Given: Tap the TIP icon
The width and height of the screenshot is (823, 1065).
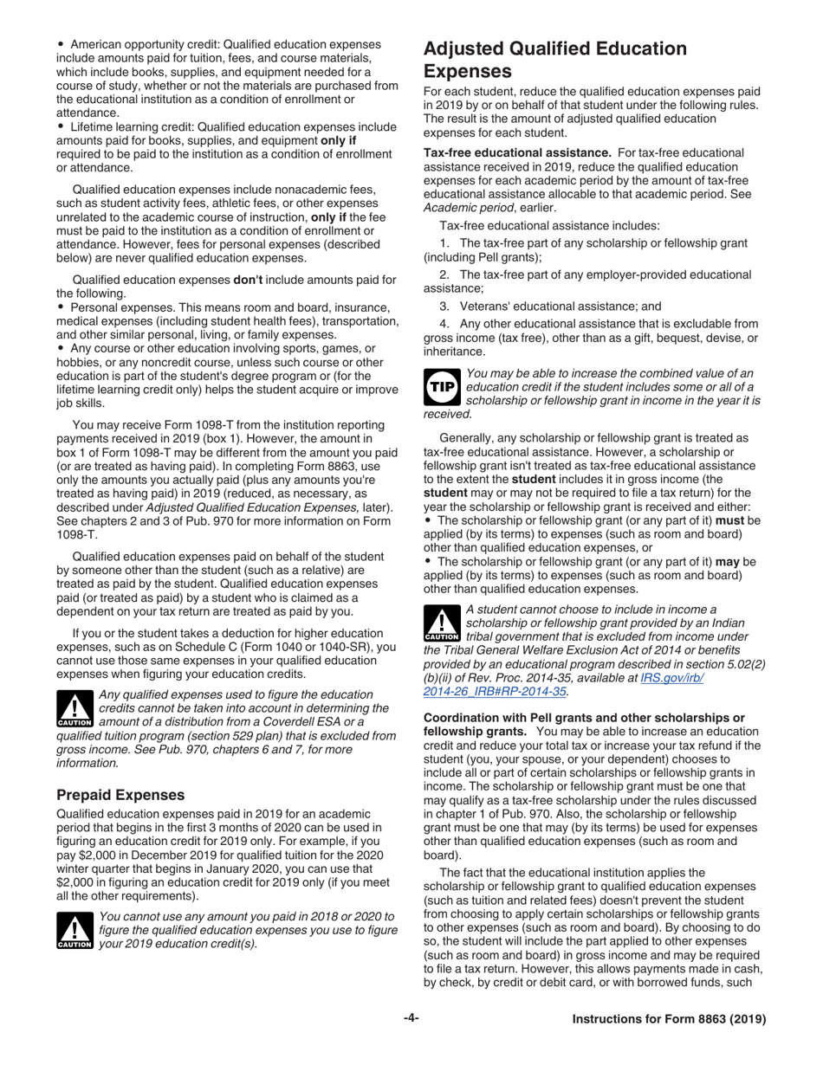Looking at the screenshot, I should click(x=442, y=388).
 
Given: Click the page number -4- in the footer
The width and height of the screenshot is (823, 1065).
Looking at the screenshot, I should click(x=411, y=1019).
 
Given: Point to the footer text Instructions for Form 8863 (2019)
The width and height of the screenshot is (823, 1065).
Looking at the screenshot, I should click(x=669, y=1019).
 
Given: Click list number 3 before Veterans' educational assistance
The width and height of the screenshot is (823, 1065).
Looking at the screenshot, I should click(x=444, y=306).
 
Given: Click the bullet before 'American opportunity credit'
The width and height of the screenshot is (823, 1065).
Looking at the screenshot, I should click(x=61, y=44).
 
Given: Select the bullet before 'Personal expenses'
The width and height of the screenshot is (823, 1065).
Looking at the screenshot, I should click(x=61, y=307).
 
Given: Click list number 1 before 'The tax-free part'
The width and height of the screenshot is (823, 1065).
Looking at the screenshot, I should click(x=444, y=243).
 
